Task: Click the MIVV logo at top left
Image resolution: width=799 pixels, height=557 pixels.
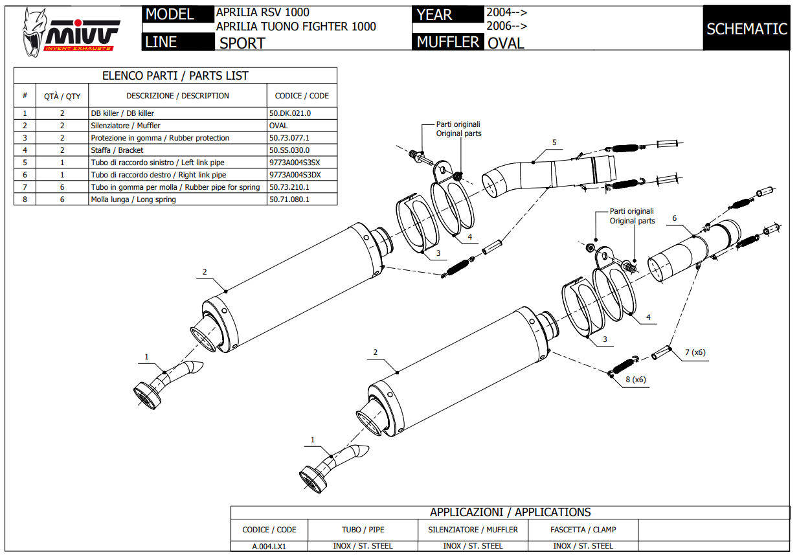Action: click(71, 31)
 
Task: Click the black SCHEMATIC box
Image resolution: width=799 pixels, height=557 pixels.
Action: click(747, 29)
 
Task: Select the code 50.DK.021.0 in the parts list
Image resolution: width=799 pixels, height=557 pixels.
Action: click(290, 113)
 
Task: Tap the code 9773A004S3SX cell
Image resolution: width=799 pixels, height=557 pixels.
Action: click(295, 163)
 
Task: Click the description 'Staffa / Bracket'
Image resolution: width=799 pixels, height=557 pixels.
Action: click(117, 150)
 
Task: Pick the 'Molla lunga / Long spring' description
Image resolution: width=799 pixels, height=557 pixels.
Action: click(133, 199)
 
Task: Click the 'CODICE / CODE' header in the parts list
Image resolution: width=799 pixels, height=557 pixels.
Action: click(302, 96)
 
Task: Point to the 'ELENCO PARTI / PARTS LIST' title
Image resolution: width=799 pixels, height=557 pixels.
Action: click(175, 76)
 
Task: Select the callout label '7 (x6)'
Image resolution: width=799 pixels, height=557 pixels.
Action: click(695, 352)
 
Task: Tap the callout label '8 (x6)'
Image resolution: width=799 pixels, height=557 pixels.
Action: click(636, 380)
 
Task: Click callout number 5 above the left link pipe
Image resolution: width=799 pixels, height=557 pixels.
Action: click(554, 142)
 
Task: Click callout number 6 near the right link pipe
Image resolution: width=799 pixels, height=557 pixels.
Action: click(674, 218)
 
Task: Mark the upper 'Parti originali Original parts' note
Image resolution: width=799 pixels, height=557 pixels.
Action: click(458, 129)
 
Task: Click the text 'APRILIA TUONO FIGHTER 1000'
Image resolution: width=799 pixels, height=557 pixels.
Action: click(296, 27)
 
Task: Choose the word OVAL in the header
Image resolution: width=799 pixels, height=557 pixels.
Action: click(506, 43)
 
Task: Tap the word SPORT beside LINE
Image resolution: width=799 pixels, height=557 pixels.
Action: click(242, 43)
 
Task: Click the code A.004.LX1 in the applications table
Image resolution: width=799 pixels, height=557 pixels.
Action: click(269, 546)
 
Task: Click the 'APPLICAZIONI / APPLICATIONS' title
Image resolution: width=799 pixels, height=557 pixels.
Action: click(510, 512)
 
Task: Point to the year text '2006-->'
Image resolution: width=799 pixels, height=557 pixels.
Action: click(506, 27)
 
